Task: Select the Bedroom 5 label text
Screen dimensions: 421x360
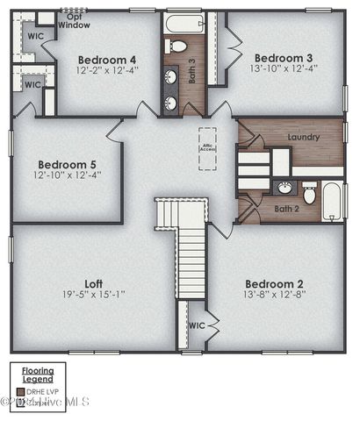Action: click(x=66, y=164)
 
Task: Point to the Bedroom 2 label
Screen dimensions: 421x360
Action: click(x=274, y=283)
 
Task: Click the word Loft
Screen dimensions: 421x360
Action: click(x=94, y=283)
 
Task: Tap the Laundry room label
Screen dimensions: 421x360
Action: click(x=303, y=137)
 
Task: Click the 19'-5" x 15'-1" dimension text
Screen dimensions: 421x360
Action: click(x=94, y=295)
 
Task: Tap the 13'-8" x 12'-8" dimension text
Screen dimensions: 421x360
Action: click(x=274, y=295)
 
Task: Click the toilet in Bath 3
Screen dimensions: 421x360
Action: click(x=178, y=46)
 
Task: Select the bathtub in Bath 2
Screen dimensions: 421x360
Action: click(x=332, y=201)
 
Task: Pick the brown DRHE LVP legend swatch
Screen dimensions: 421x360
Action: click(x=19, y=391)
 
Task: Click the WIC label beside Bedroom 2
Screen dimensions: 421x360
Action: click(x=197, y=325)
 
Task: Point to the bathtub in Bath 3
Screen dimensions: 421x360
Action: click(x=184, y=23)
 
